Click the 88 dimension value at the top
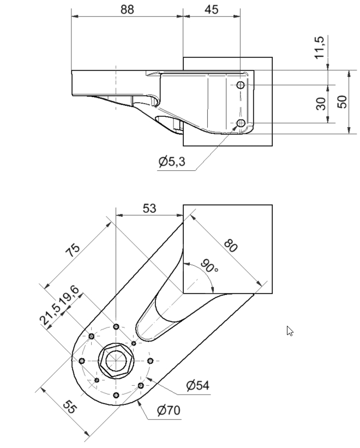127,9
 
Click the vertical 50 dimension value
342,101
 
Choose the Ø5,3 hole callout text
172,162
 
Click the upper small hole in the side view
241,85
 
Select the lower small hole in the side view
241,123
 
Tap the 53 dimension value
149,208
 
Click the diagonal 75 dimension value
73,248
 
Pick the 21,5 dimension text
53,313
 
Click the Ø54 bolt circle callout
197,386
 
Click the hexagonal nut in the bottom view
115,361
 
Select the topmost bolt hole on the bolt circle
116,327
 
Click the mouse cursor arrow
290,331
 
